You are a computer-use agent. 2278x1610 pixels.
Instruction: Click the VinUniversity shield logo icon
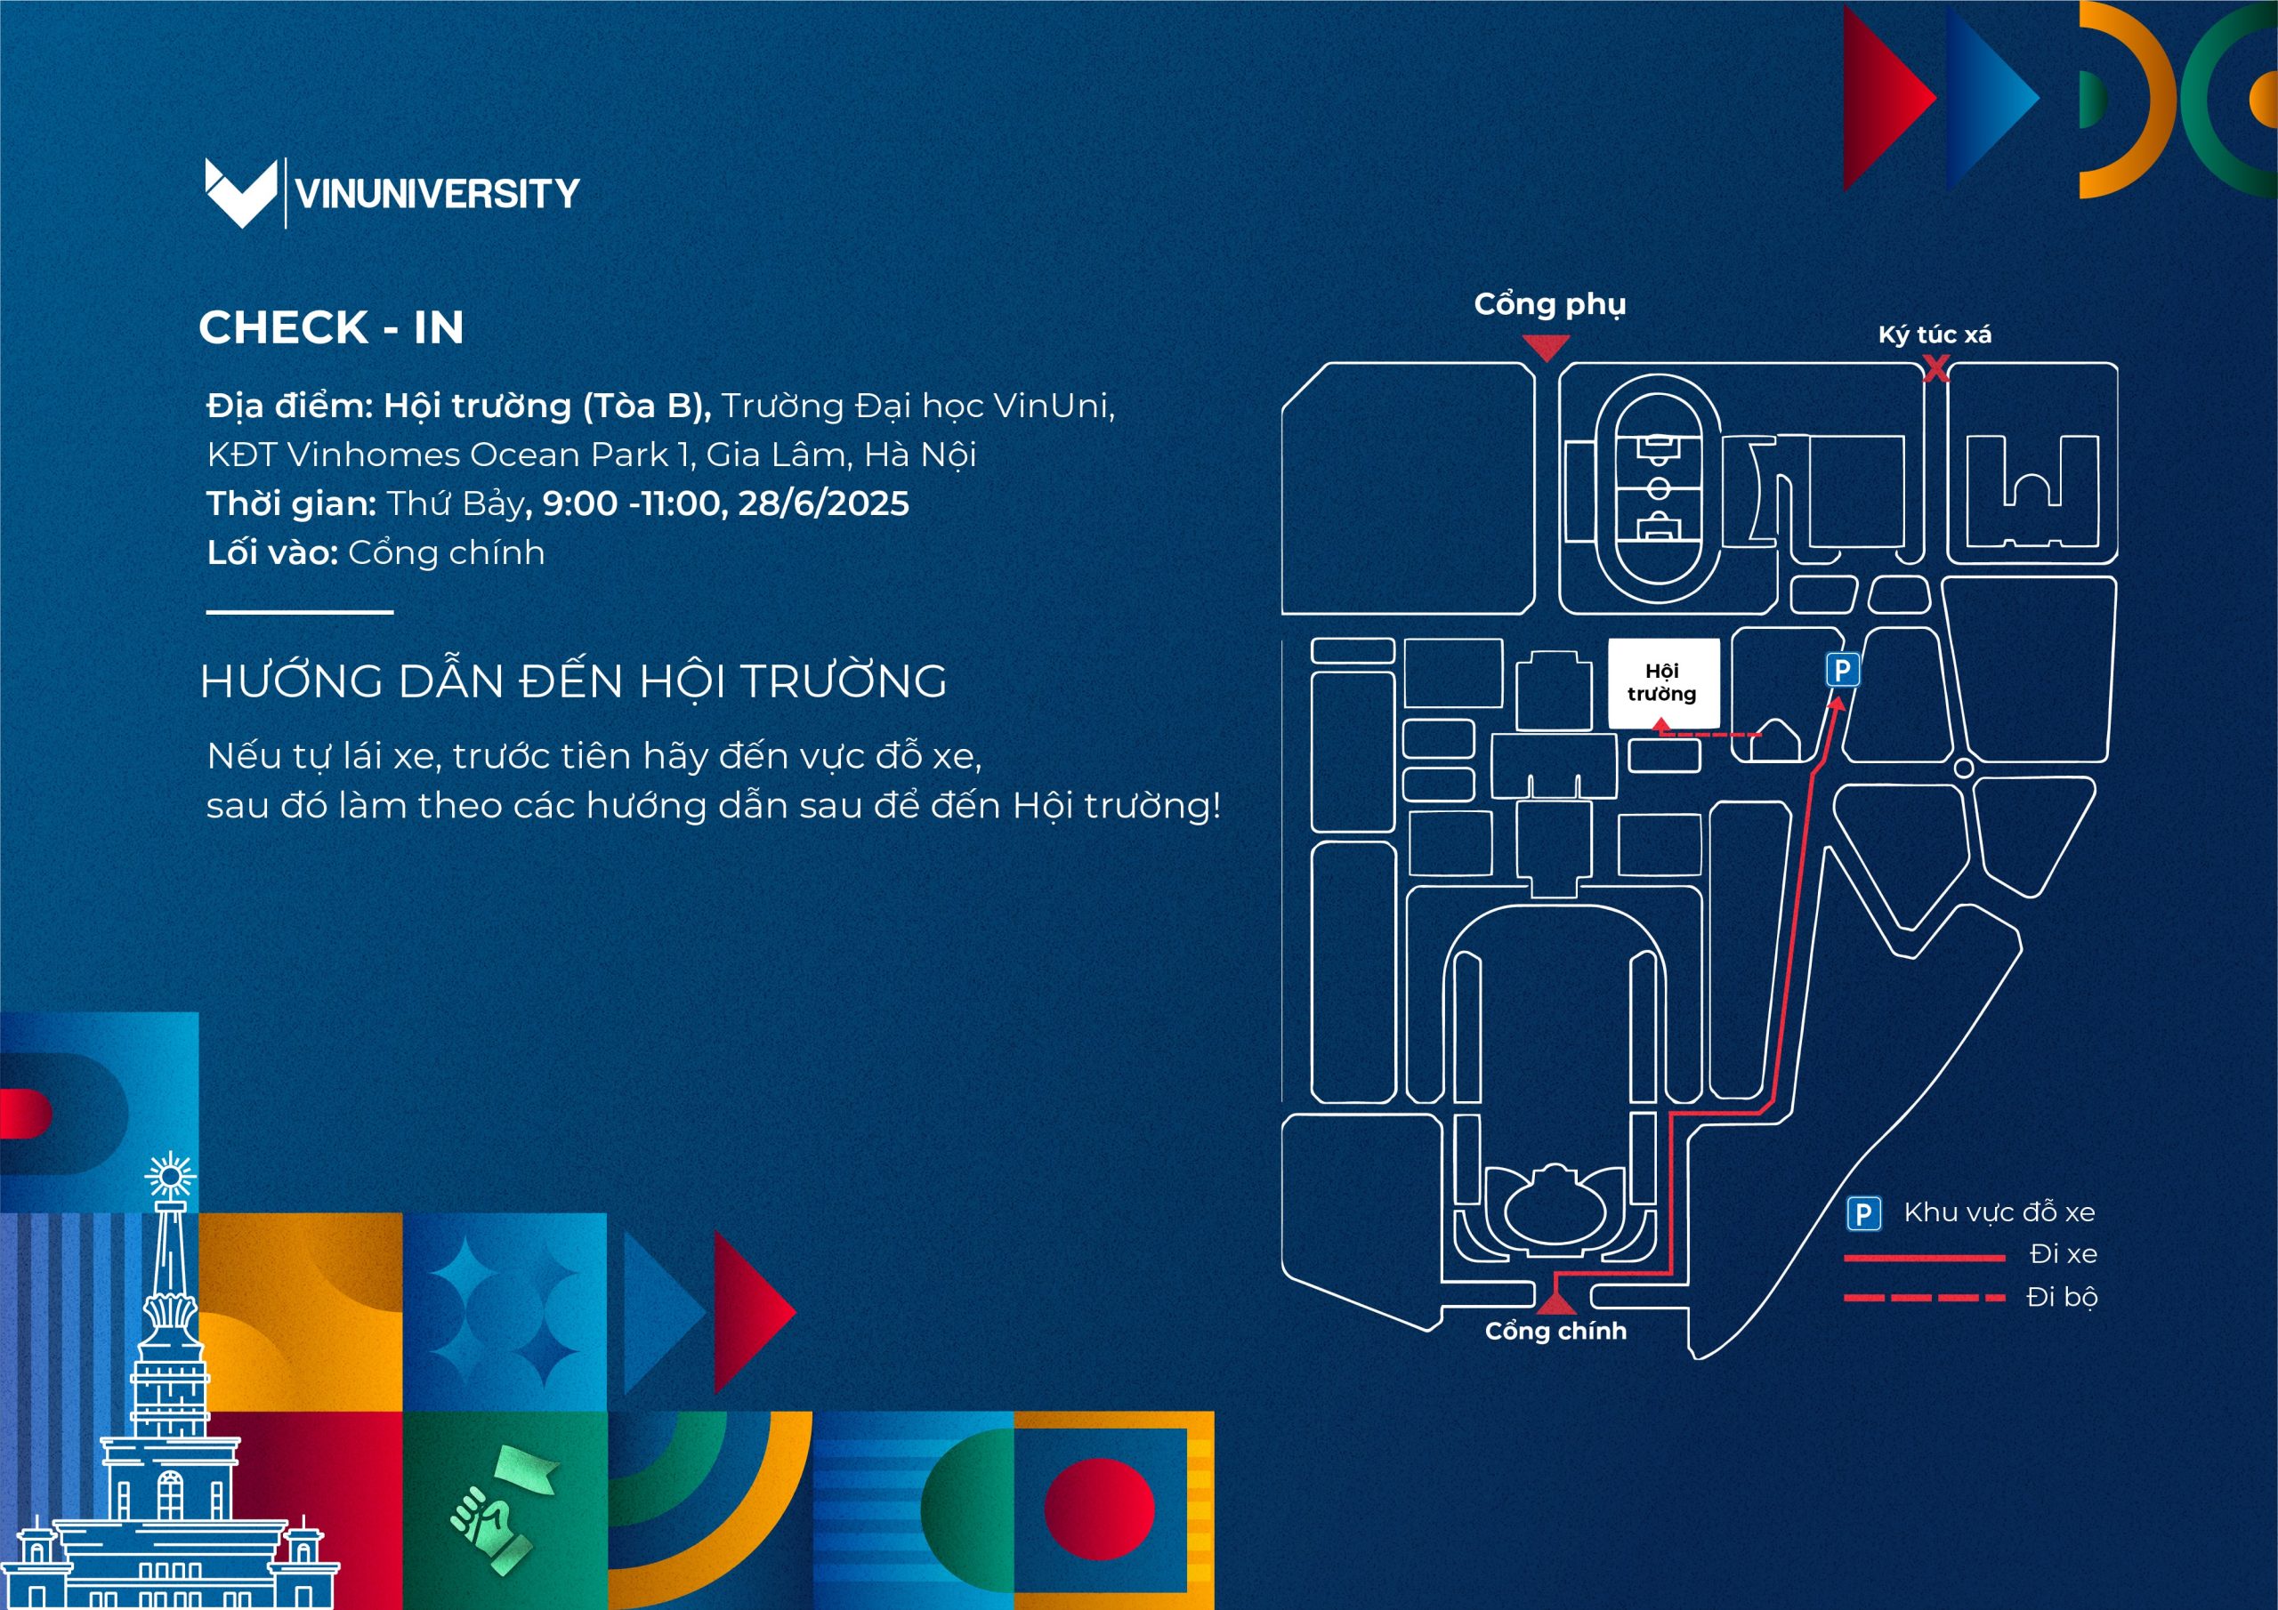click(240, 192)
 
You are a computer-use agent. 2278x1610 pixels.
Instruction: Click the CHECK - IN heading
click(331, 327)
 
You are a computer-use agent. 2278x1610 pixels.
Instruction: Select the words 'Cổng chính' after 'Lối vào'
click(446, 552)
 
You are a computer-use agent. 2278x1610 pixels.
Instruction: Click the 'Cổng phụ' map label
click(1548, 304)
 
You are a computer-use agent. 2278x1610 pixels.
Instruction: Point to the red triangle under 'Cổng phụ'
click(1546, 347)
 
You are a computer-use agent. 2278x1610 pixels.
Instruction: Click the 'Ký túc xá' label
click(1934, 335)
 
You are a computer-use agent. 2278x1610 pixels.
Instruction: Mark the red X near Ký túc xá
click(1935, 370)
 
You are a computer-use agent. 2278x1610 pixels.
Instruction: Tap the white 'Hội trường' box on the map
click(1662, 682)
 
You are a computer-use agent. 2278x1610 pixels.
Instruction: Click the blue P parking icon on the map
click(1843, 671)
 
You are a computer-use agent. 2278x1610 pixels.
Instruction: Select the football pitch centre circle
click(1658, 488)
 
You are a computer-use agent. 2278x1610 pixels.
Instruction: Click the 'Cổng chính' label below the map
click(1555, 1332)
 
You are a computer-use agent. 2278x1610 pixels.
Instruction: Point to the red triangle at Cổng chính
click(1555, 1298)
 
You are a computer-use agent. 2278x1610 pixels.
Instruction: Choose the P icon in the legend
click(1863, 1213)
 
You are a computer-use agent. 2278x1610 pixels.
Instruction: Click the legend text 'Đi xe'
click(2063, 1255)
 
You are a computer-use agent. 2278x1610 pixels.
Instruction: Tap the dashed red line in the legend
click(1924, 1298)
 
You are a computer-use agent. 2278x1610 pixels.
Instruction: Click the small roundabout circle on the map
click(1962, 768)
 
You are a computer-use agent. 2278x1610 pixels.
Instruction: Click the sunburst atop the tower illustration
click(170, 1178)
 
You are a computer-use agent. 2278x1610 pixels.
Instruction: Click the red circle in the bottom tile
click(1099, 1508)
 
